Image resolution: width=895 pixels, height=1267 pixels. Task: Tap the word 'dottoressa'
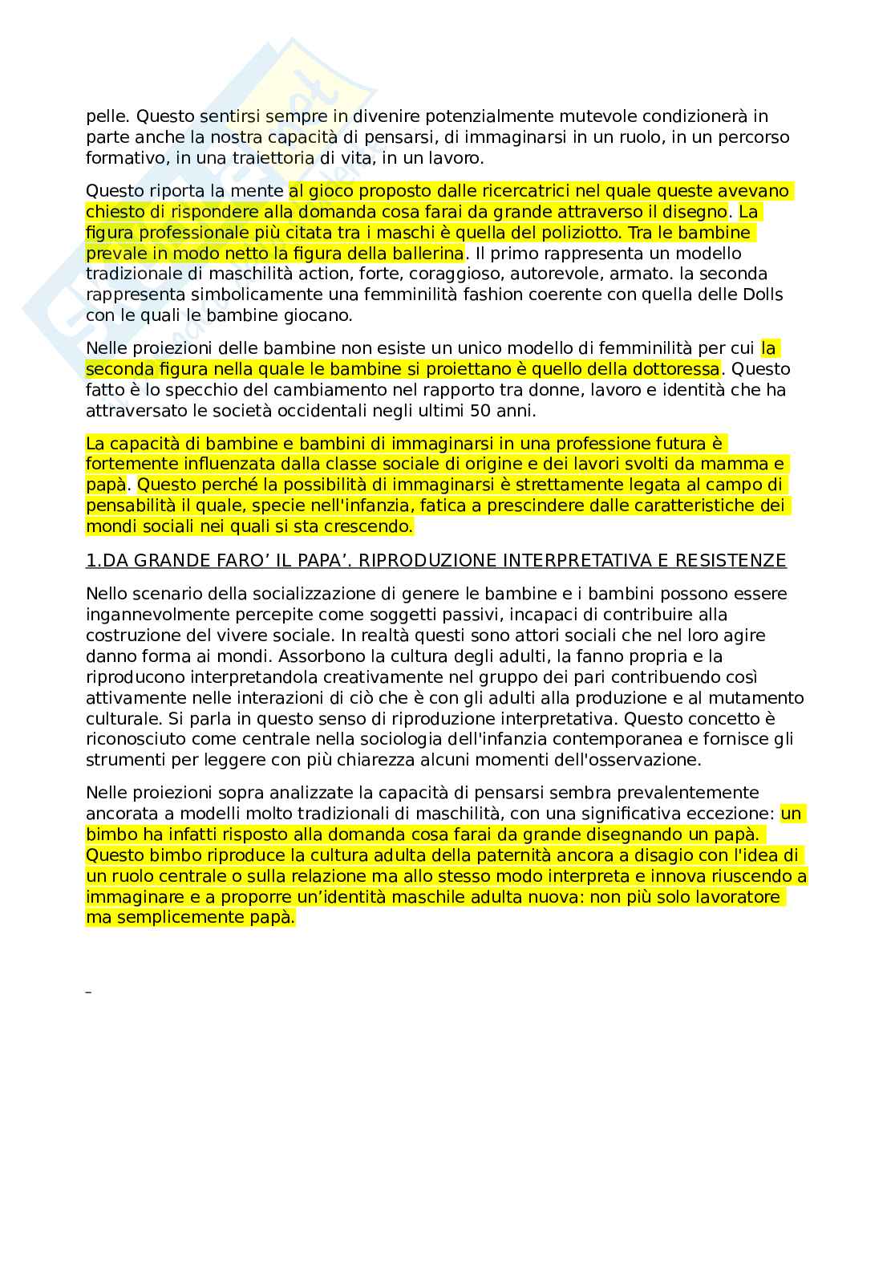pos(678,369)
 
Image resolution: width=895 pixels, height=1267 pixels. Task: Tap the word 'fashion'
pos(468,295)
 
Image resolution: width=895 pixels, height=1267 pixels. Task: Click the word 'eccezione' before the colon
pos(735,814)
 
